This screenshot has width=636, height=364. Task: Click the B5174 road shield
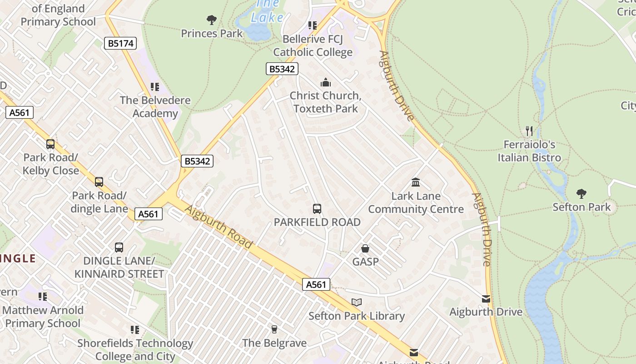point(120,43)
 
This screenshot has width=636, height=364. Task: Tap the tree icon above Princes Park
point(211,20)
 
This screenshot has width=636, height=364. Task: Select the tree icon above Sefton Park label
point(581,194)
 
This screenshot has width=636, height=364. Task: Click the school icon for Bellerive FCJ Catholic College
point(312,25)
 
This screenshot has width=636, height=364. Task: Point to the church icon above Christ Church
point(326,82)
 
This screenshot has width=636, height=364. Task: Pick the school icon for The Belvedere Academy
point(155,86)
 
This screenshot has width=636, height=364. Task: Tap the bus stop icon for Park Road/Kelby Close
point(50,144)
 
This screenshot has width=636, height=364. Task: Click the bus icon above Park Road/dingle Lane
point(99,182)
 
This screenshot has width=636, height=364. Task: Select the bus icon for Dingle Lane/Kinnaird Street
point(119,248)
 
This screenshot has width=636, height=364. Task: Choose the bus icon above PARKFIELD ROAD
point(317,209)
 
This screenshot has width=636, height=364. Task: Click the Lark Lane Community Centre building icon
point(416,182)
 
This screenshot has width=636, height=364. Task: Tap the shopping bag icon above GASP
point(365,248)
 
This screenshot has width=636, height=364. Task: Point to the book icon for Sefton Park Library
point(357,302)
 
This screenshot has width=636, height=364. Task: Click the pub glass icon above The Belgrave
point(274,329)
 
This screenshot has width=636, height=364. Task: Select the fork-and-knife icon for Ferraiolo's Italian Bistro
point(529,131)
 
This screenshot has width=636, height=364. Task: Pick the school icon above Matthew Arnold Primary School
point(43,297)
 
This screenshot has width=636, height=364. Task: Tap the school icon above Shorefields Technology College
point(134,329)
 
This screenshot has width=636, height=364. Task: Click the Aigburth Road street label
point(219,226)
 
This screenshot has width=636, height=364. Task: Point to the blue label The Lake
point(268,11)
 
